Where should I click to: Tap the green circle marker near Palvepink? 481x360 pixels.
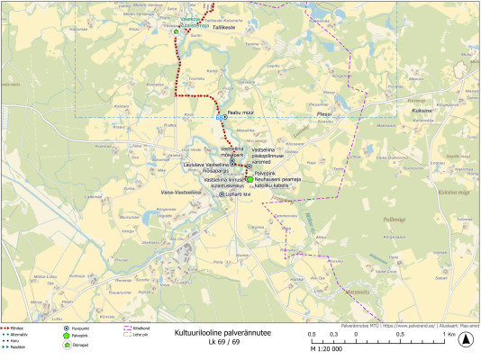[250, 178]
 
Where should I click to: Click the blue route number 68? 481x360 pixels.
[219, 118]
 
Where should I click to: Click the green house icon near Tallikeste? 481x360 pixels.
[177, 31]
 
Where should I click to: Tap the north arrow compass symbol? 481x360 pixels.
[466, 340]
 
